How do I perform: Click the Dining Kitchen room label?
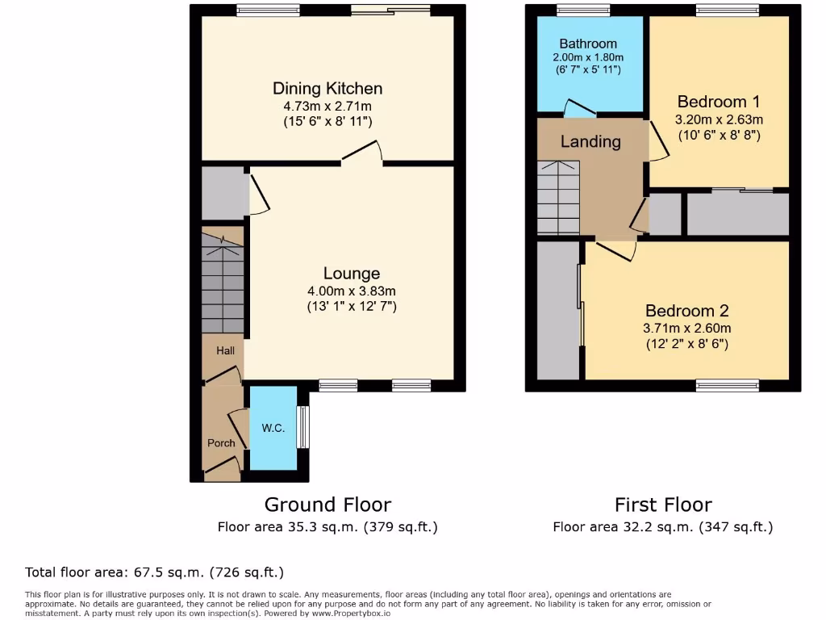pyautogui.click(x=327, y=89)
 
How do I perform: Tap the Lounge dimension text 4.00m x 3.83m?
pyautogui.click(x=351, y=291)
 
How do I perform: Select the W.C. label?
pyautogui.click(x=273, y=429)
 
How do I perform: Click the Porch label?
pyautogui.click(x=221, y=443)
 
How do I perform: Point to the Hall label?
pyautogui.click(x=225, y=351)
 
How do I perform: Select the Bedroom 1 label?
pyautogui.click(x=718, y=102)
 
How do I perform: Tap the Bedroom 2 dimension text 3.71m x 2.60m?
pyautogui.click(x=688, y=329)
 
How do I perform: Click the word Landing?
pyautogui.click(x=590, y=142)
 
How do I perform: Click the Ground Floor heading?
pyautogui.click(x=327, y=505)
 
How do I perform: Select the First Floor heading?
pyautogui.click(x=663, y=505)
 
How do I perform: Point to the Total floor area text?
pyautogui.click(x=154, y=572)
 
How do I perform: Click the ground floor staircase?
pyautogui.click(x=222, y=283)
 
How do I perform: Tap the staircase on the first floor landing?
pyautogui.click(x=558, y=198)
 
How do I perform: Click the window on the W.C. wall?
pyautogui.click(x=302, y=427)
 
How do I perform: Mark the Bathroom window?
pyautogui.click(x=583, y=10)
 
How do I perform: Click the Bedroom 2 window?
pyautogui.click(x=728, y=386)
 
